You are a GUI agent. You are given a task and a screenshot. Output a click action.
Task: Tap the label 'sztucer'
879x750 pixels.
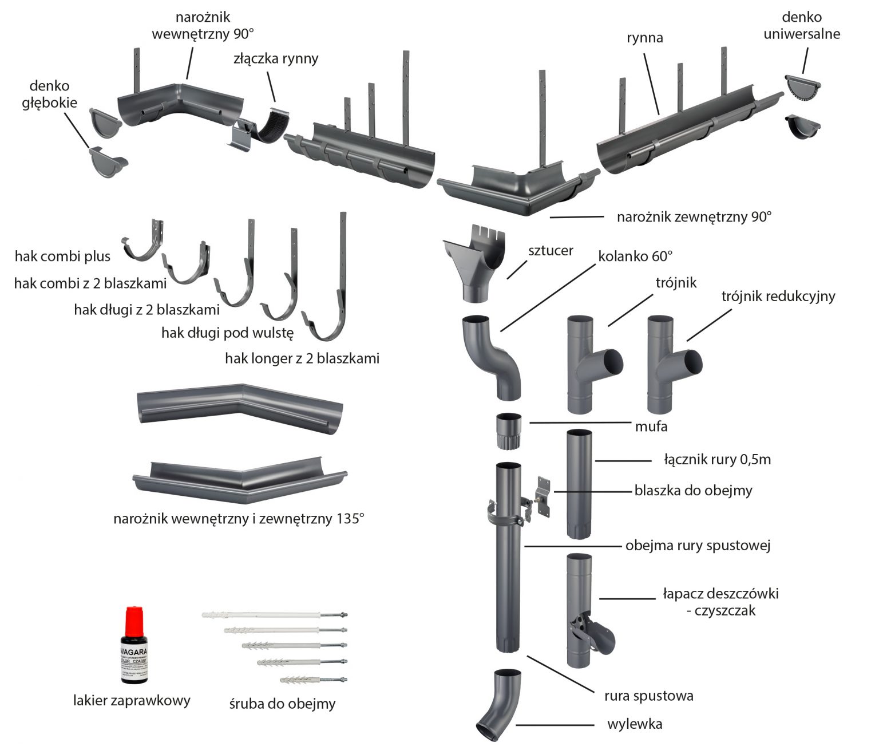tap(551, 250)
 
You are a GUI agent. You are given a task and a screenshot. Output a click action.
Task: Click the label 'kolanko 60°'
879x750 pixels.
tap(635, 256)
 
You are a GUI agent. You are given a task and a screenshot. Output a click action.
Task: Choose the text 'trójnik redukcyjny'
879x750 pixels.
tap(778, 296)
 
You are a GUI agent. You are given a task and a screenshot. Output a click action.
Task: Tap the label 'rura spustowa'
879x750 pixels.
tap(649, 696)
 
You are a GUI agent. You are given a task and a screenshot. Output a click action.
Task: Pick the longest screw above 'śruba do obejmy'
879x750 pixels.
tap(275, 615)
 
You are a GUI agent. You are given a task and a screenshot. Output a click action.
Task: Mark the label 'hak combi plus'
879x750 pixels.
tap(62, 256)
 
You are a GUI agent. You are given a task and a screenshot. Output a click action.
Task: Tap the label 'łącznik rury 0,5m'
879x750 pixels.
tap(718, 459)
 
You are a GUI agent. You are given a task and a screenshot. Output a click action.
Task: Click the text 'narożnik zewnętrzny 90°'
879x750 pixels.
tap(694, 217)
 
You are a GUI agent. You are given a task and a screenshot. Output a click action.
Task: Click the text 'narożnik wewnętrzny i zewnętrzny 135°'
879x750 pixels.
tap(239, 519)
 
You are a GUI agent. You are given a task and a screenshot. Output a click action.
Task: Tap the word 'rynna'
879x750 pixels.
tap(645, 38)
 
